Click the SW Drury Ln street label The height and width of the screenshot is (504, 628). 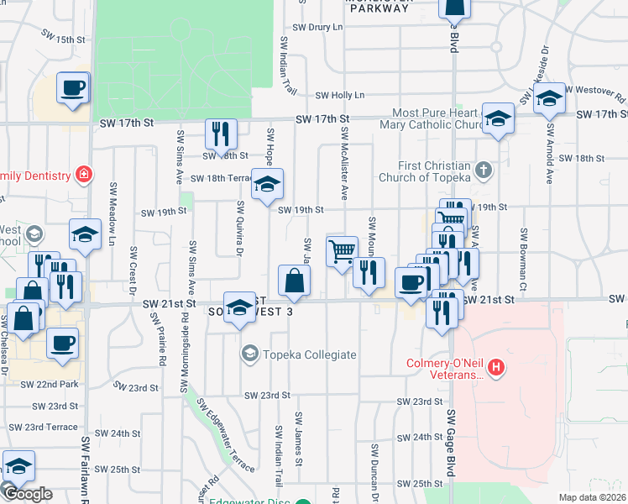pyautogui.click(x=313, y=28)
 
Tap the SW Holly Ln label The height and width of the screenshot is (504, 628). pyautogui.click(x=340, y=96)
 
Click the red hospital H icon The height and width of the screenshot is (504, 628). pyautogui.click(x=497, y=367)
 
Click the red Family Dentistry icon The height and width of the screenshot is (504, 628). pyautogui.click(x=82, y=175)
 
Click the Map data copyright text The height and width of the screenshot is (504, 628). pyautogui.click(x=593, y=497)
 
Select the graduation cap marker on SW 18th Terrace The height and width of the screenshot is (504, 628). pyautogui.click(x=268, y=185)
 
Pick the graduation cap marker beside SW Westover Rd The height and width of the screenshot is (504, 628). pyautogui.click(x=549, y=99)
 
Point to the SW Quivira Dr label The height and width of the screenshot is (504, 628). pyautogui.click(x=239, y=228)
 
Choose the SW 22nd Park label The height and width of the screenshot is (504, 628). pyautogui.click(x=50, y=384)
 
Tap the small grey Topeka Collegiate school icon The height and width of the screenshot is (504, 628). pyautogui.click(x=249, y=354)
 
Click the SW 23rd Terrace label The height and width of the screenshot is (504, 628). pyautogui.click(x=51, y=427)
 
